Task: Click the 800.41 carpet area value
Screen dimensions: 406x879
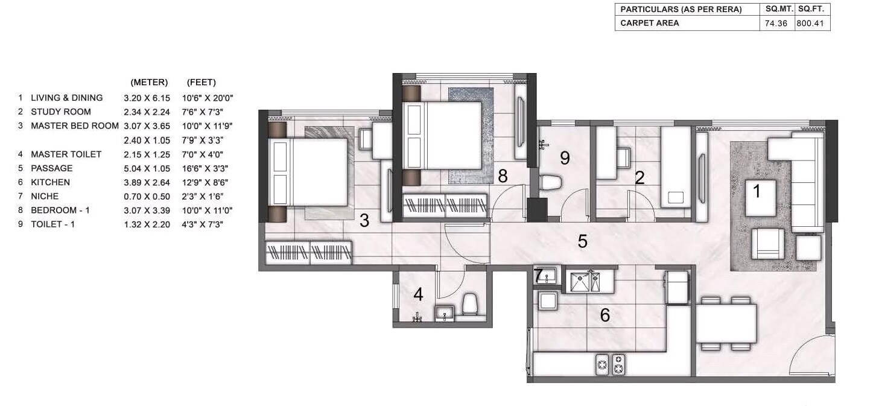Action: point(813,24)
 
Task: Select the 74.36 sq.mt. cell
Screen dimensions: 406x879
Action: point(776,24)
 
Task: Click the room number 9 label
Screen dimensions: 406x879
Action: point(565,158)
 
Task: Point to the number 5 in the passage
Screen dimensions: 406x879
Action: point(582,241)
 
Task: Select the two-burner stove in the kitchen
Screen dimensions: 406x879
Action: point(611,364)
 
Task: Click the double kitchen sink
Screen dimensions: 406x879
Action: point(585,282)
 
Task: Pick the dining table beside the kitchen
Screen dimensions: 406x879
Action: point(726,323)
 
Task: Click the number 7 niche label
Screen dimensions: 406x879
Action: point(540,275)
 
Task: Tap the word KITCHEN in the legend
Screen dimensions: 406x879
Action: point(50,182)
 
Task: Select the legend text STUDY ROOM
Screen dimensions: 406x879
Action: point(60,112)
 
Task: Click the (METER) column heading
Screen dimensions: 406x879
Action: point(149,83)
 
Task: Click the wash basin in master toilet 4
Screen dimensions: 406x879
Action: point(444,313)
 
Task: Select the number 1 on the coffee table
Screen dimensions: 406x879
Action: point(755,192)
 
